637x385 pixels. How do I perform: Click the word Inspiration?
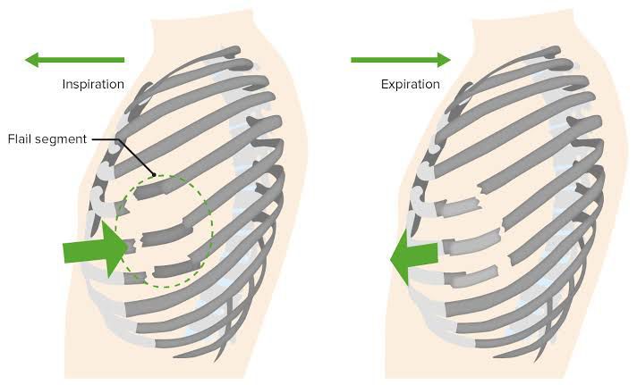pyautogui.click(x=93, y=84)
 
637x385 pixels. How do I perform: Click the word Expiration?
pyautogui.click(x=410, y=84)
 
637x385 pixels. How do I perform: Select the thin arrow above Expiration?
pyautogui.click(x=400, y=60)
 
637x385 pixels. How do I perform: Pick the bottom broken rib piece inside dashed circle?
pyautogui.click(x=176, y=266)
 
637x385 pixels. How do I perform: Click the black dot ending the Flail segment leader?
pyautogui.click(x=155, y=175)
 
